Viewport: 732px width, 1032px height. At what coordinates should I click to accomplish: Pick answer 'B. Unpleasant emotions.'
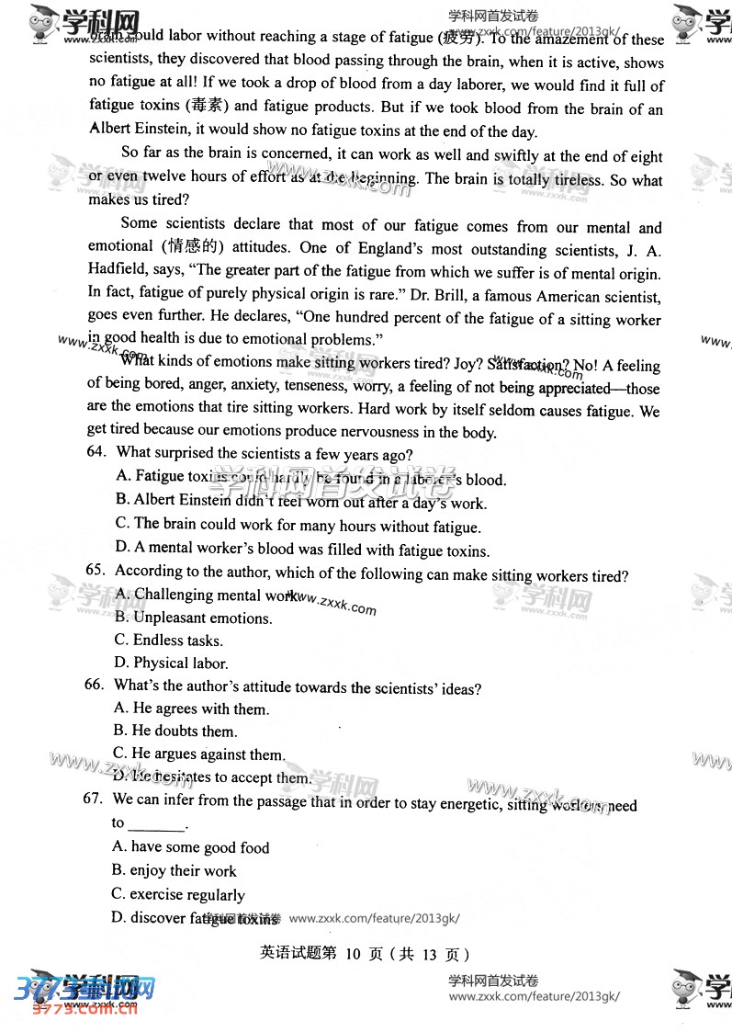coord(193,618)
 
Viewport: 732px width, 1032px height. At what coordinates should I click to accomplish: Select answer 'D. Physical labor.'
coord(171,663)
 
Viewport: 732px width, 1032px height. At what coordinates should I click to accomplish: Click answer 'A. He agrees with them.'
coord(191,709)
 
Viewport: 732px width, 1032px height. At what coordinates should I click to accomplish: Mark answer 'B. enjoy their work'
coord(174,870)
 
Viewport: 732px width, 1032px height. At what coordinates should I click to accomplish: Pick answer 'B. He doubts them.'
coord(175,731)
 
